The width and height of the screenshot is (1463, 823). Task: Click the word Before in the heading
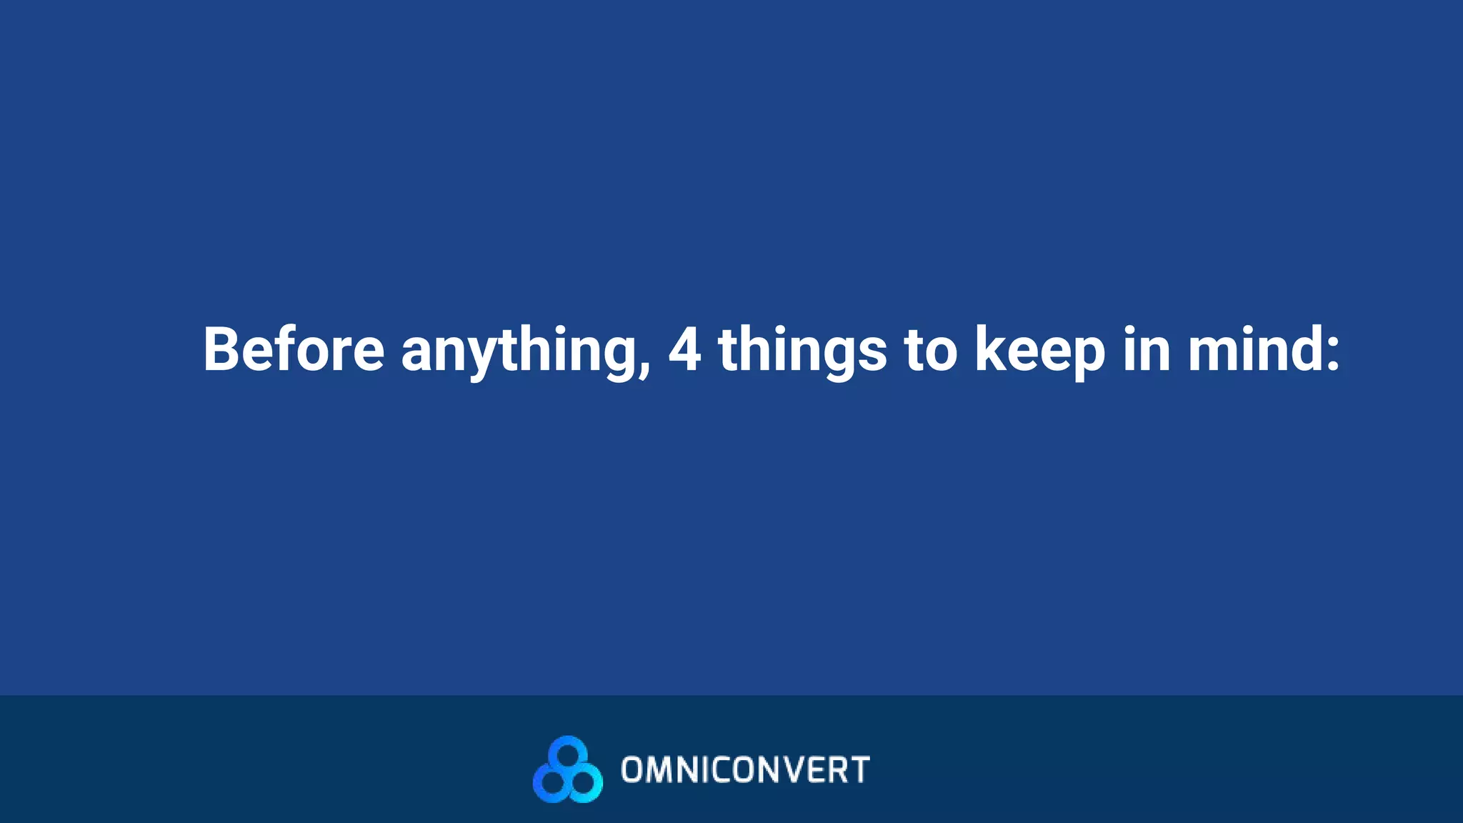point(294,349)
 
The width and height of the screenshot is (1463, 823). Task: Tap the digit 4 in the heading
point(684,349)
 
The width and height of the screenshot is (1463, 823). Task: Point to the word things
point(802,351)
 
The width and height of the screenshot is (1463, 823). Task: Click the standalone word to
point(930,349)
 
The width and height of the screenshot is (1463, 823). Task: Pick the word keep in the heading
point(1040,351)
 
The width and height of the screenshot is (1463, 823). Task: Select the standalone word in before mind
point(1146,349)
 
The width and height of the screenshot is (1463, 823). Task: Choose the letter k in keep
point(994,349)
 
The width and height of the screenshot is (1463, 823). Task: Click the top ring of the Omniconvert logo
point(568,752)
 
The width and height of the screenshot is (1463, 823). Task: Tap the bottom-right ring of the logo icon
point(584,783)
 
